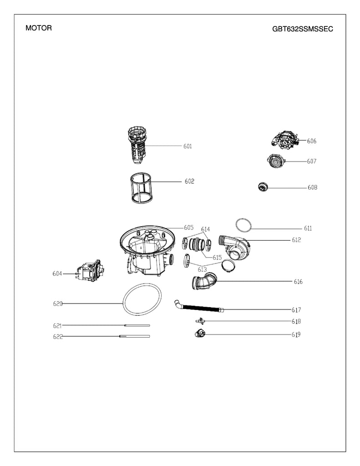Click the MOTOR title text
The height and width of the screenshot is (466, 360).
39,28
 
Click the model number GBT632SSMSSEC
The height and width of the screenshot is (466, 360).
302,29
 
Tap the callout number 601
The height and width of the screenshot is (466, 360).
188,147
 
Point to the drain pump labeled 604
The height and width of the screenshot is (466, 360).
89,272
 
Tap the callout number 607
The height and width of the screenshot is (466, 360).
311,162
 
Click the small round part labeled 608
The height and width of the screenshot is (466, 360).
263,186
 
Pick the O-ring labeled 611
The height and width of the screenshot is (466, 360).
243,224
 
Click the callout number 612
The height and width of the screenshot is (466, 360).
296,240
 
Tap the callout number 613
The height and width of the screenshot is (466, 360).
202,270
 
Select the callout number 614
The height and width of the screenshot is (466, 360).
206,229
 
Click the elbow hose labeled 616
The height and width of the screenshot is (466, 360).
203,282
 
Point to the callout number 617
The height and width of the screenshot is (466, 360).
296,310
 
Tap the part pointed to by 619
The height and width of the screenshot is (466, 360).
199,334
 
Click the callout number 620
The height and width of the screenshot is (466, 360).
57,304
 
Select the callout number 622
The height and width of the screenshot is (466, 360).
57,337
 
